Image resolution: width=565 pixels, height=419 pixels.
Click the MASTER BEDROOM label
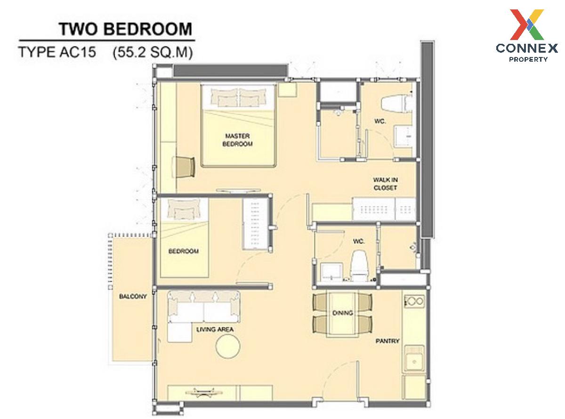237,140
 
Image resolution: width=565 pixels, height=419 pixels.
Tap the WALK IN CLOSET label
385,184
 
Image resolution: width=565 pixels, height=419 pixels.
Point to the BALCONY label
133,296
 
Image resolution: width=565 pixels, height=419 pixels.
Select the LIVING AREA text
215,330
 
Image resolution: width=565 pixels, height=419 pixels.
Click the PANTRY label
387,341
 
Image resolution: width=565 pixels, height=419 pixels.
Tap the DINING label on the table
342,313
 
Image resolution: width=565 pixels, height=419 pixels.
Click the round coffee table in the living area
228,346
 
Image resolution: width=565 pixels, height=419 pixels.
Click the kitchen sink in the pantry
414,359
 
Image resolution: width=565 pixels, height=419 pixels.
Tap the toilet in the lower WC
359,266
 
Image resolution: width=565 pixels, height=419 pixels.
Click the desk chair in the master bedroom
184,167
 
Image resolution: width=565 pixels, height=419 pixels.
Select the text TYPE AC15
57,52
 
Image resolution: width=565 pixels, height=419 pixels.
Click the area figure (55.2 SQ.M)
153,53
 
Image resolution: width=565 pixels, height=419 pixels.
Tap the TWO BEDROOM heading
125,29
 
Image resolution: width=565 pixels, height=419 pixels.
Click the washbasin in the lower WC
331,272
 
